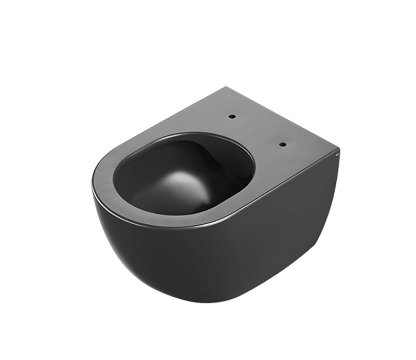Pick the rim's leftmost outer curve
(94, 185)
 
